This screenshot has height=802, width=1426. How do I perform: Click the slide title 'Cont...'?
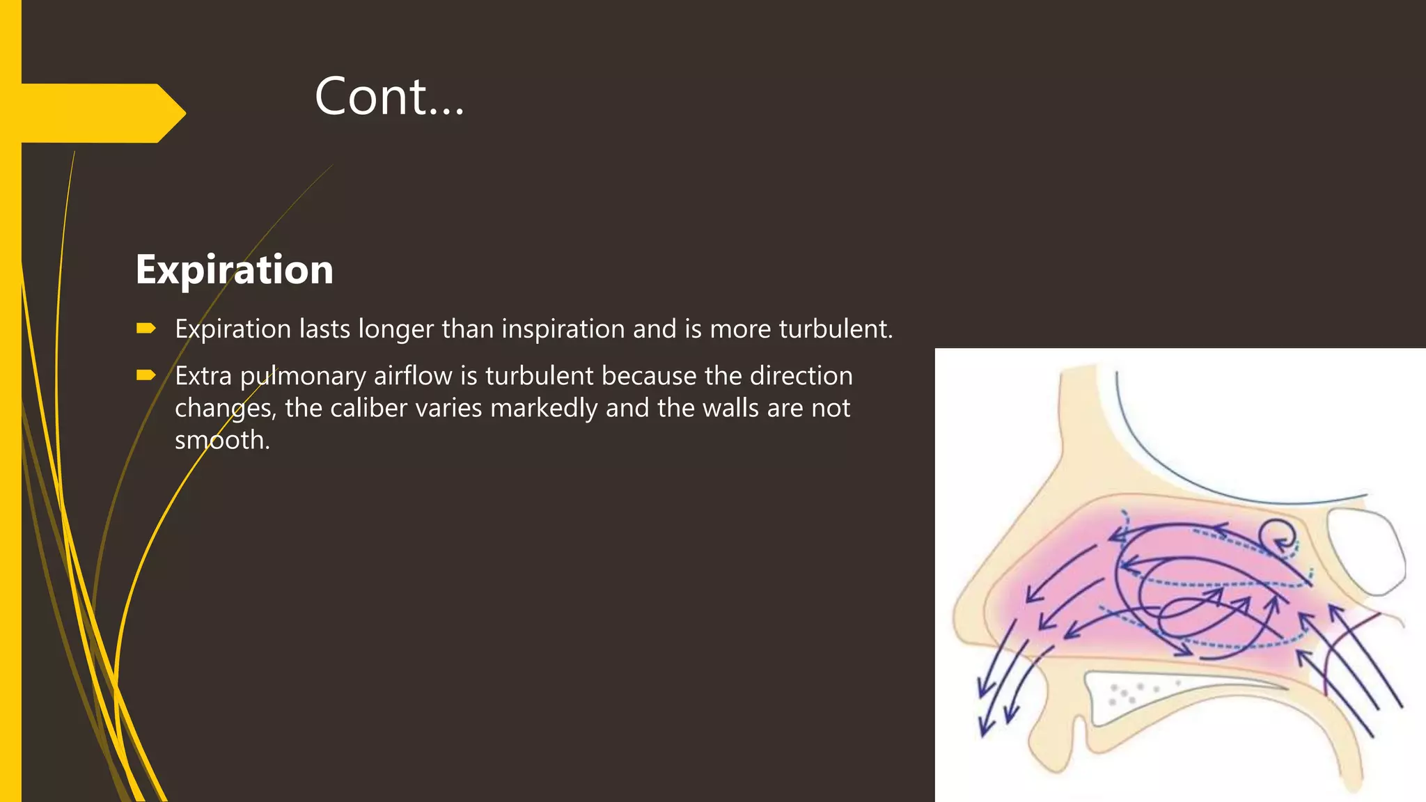click(389, 96)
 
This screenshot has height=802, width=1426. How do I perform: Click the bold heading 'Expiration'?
click(235, 269)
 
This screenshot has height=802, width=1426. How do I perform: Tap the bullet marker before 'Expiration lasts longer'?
click(146, 328)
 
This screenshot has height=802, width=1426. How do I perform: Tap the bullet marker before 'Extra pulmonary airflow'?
click(146, 375)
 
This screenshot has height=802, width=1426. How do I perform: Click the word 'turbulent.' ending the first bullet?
click(836, 329)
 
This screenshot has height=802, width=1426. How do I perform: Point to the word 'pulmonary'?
click(303, 376)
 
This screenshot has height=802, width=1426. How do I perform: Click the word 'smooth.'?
click(222, 440)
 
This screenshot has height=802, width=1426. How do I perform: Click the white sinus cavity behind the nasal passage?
click(1365, 550)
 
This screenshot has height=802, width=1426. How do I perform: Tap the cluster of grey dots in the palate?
click(1128, 692)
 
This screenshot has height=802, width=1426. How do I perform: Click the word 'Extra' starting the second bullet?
click(203, 376)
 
